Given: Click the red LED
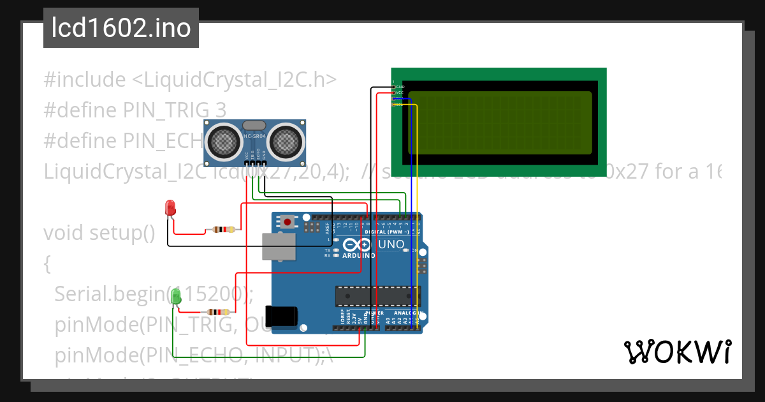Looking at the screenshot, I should click(170, 207).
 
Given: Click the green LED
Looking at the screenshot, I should click(177, 296).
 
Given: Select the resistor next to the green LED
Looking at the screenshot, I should click(219, 312).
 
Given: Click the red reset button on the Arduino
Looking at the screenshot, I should click(288, 222).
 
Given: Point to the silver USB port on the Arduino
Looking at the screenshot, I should click(279, 246).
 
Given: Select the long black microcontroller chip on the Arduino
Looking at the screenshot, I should click(378, 297).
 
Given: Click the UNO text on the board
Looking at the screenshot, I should click(391, 244).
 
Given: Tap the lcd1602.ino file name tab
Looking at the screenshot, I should click(121, 28).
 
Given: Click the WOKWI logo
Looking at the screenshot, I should click(677, 352).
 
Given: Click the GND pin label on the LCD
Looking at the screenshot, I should click(400, 86).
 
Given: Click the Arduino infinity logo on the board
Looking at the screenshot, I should click(356, 244).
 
